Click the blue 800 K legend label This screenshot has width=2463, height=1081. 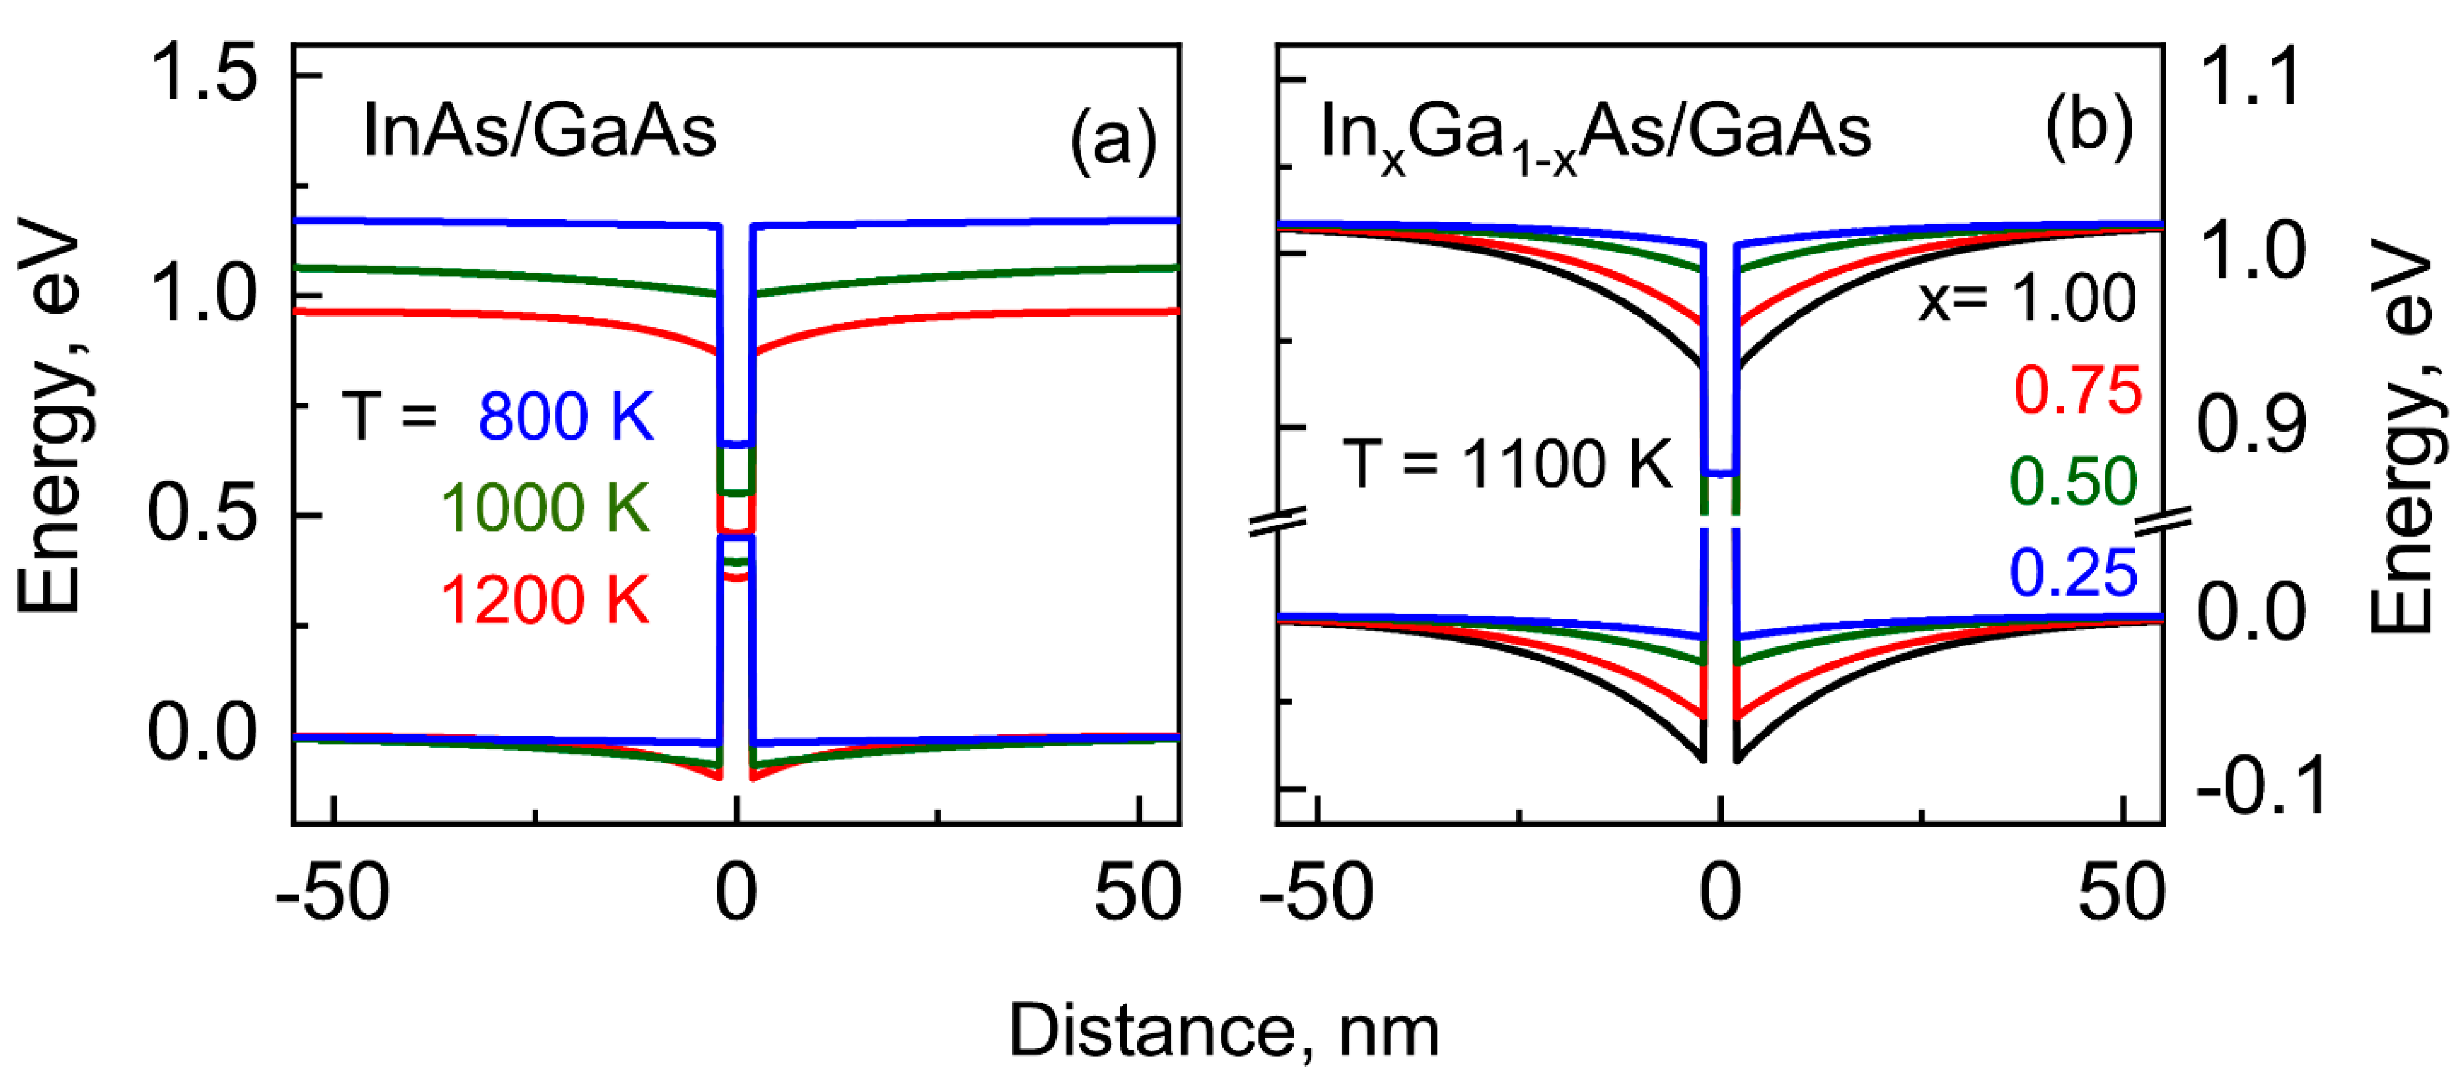(566, 417)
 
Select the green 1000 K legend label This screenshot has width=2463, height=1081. (545, 508)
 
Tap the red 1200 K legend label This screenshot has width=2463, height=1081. (545, 600)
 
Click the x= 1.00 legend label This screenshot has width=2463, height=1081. (2027, 298)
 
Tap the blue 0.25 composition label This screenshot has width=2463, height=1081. (2073, 573)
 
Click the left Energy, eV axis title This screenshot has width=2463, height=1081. (49, 416)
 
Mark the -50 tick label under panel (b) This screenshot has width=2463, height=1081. (1317, 893)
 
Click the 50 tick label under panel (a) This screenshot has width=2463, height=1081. (1138, 893)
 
